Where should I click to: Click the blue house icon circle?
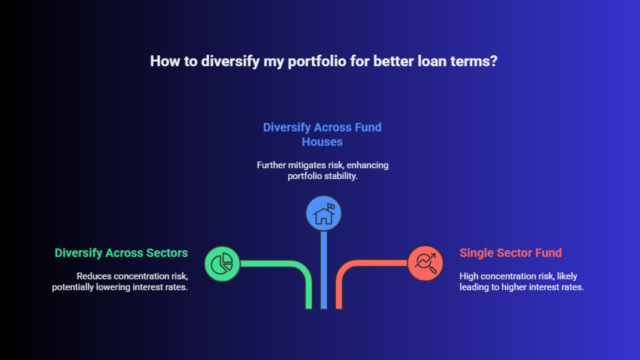tap(324, 213)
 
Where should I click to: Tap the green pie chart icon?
tap(222, 264)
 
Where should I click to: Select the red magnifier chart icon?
tap(425, 263)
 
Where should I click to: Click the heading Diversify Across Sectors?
tap(121, 253)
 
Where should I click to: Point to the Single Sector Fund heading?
tap(510, 253)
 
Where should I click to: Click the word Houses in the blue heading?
tap(322, 142)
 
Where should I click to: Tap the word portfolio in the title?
tap(317, 62)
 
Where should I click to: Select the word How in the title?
tap(165, 61)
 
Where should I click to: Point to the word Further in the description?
tap(271, 165)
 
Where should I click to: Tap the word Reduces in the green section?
tap(94, 276)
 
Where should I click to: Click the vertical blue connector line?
tap(324, 270)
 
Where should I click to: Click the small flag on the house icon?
tap(331, 206)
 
